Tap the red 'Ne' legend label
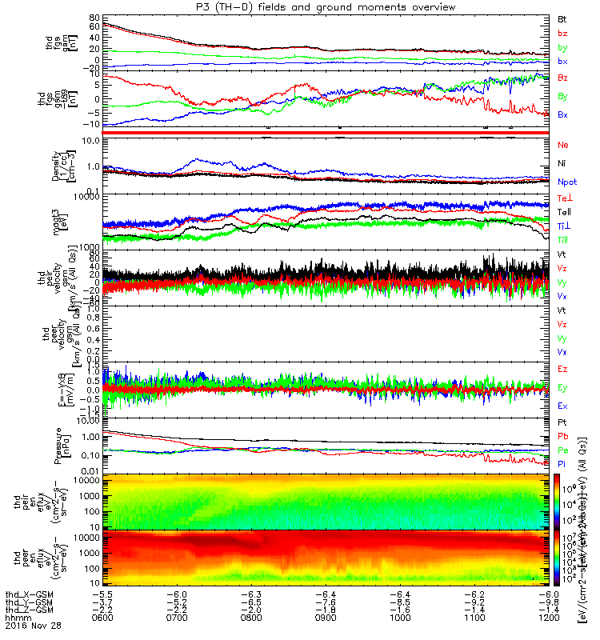click(563, 145)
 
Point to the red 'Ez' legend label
click(563, 370)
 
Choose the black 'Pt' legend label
click(562, 421)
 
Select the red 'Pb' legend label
click(563, 436)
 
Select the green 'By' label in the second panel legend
click(563, 96)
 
